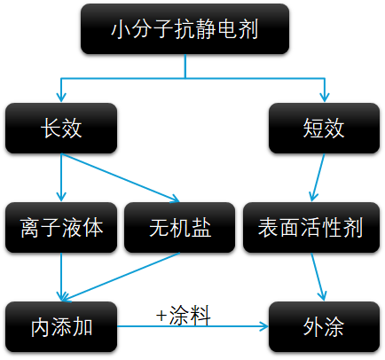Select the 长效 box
pos(60,129)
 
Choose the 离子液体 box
pos(60,229)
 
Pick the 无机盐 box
pos(180,229)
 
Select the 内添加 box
pos(60,327)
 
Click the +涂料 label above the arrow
pos(183,315)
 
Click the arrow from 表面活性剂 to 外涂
pos(318,278)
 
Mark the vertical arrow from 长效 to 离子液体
pos(61,177)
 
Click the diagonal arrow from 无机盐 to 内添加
pos(120,276)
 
